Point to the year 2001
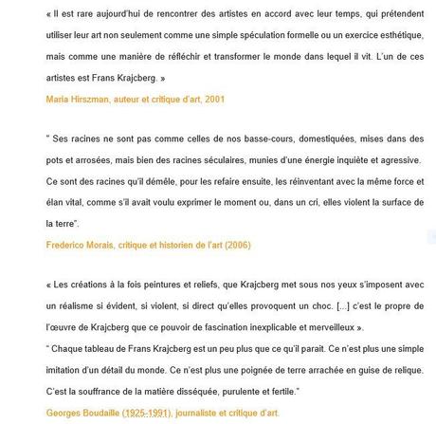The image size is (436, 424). (x=207, y=98)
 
